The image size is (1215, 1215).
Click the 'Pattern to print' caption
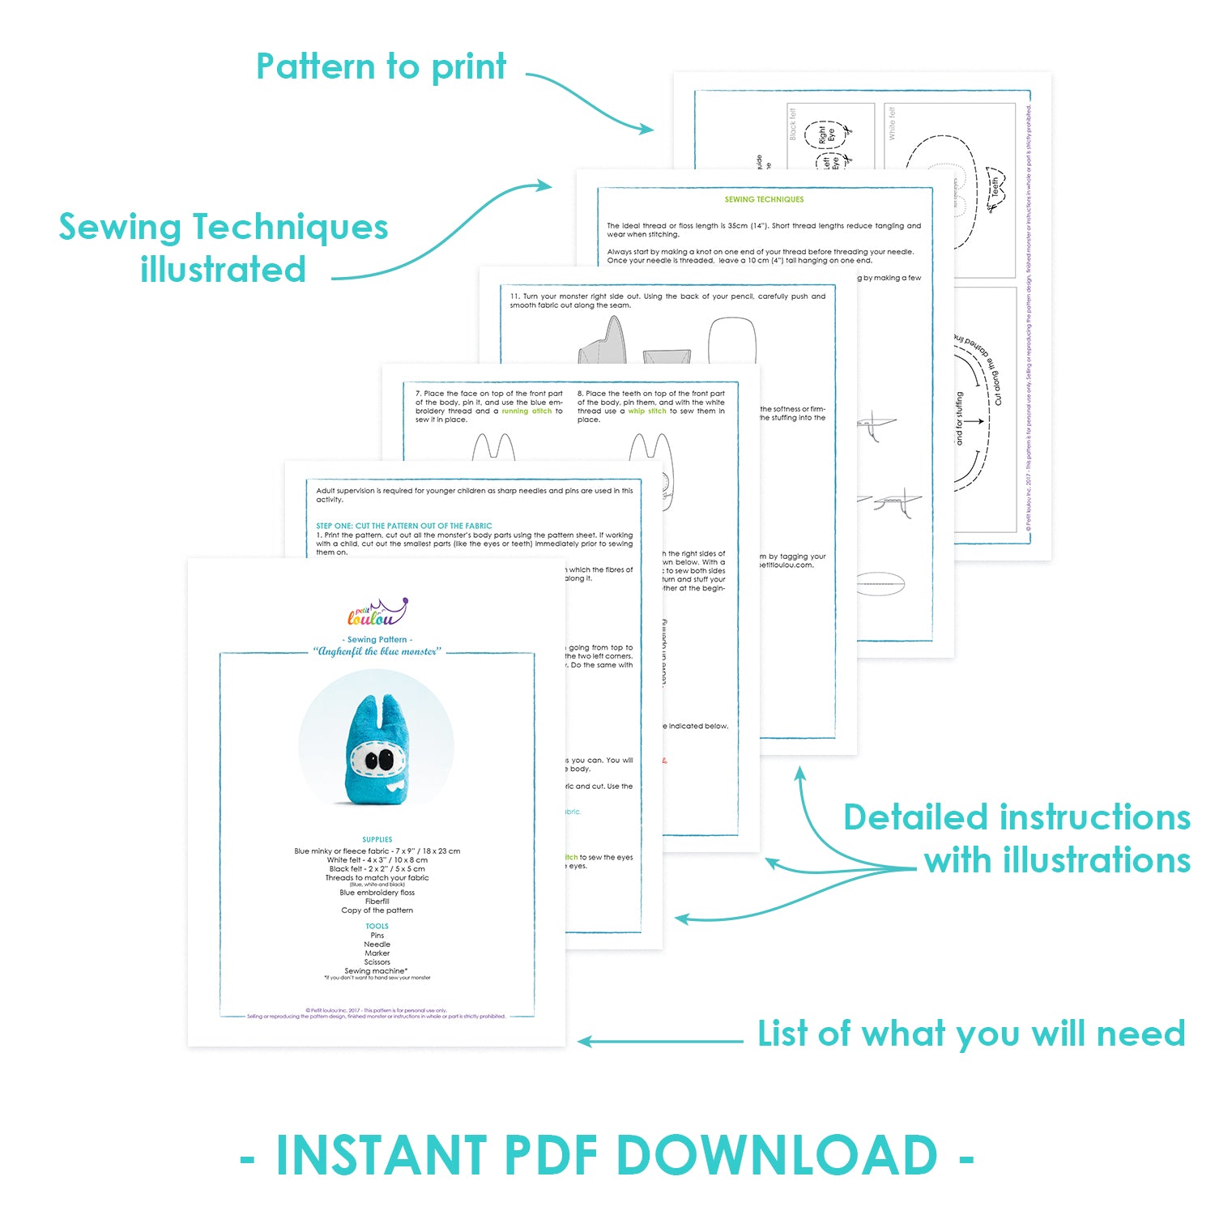click(381, 67)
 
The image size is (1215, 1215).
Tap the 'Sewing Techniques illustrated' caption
click(224, 248)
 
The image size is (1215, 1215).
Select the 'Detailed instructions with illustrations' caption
click(1017, 838)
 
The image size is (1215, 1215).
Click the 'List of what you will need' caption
click(971, 1034)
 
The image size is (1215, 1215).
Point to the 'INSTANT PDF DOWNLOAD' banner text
click(607, 1156)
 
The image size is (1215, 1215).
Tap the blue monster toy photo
click(376, 746)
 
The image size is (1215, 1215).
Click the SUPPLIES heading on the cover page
click(377, 840)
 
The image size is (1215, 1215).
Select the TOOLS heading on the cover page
click(377, 926)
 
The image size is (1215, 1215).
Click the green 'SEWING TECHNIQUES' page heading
click(764, 199)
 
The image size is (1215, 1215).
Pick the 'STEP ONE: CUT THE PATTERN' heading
click(403, 526)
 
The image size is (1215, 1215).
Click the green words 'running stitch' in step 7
click(526, 411)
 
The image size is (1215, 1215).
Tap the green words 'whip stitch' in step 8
click(647, 411)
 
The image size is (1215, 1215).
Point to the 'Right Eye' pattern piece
click(826, 134)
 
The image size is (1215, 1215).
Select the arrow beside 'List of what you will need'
click(660, 1042)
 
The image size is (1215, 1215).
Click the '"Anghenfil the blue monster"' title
click(377, 651)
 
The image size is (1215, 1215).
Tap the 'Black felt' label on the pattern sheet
click(793, 124)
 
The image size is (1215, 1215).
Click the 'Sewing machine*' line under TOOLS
click(376, 970)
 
